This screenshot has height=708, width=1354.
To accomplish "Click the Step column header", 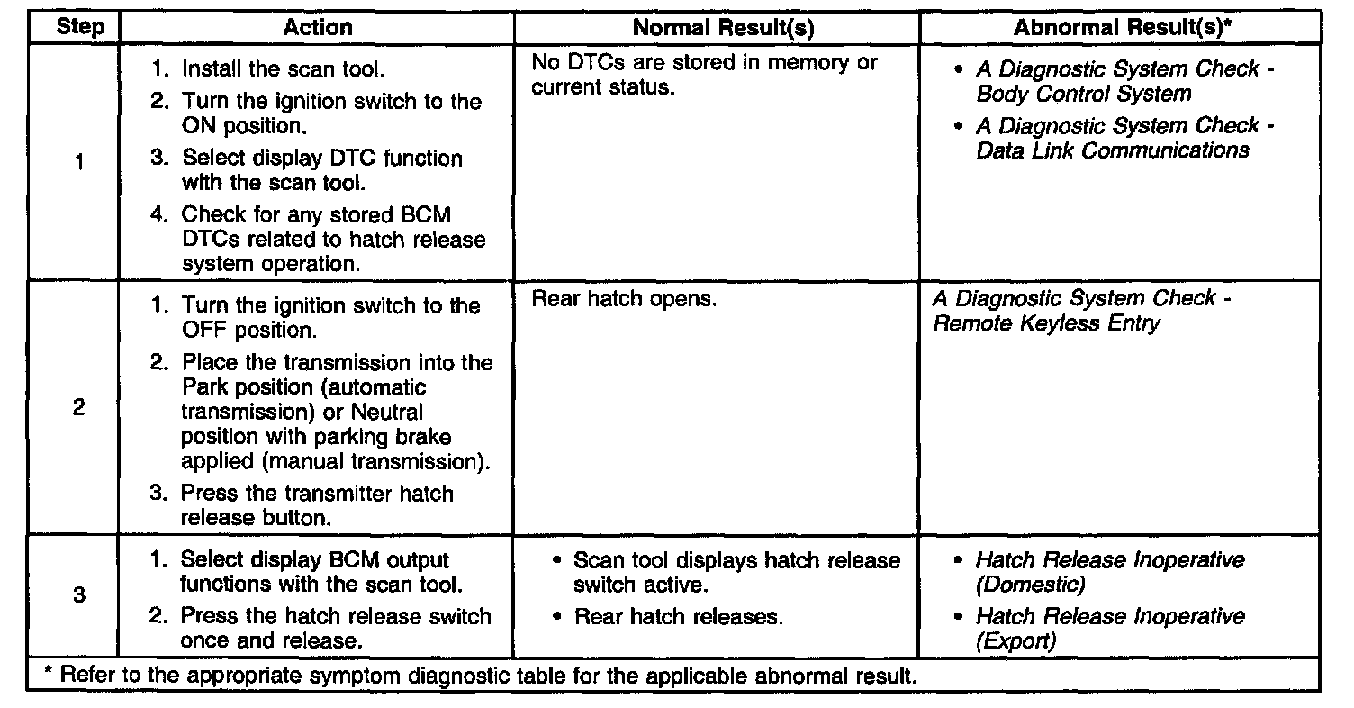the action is tap(79, 28).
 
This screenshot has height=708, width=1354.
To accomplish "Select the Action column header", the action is tap(318, 28).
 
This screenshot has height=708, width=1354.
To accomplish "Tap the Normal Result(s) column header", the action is tap(723, 28).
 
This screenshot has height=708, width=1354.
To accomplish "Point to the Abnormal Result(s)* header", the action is tap(1123, 28).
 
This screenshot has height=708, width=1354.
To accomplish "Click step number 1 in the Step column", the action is tap(79, 163).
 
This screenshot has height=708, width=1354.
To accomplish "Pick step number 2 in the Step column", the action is tap(79, 407).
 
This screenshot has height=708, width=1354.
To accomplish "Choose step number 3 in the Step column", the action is tap(79, 595).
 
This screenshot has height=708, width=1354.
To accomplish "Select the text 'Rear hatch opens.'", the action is tap(624, 299).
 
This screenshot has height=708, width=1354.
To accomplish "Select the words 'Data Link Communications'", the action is tap(1113, 150).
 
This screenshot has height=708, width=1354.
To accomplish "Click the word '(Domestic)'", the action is tap(1030, 585).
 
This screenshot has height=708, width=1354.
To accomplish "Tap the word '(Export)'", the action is tap(1015, 642).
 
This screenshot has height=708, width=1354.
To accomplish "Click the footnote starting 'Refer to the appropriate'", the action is tap(483, 676).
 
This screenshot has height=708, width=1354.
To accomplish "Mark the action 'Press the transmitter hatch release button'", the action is tap(317, 505).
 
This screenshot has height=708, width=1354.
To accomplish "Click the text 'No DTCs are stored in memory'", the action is tap(704, 62).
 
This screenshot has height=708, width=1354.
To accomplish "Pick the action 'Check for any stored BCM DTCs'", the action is tap(332, 240).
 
